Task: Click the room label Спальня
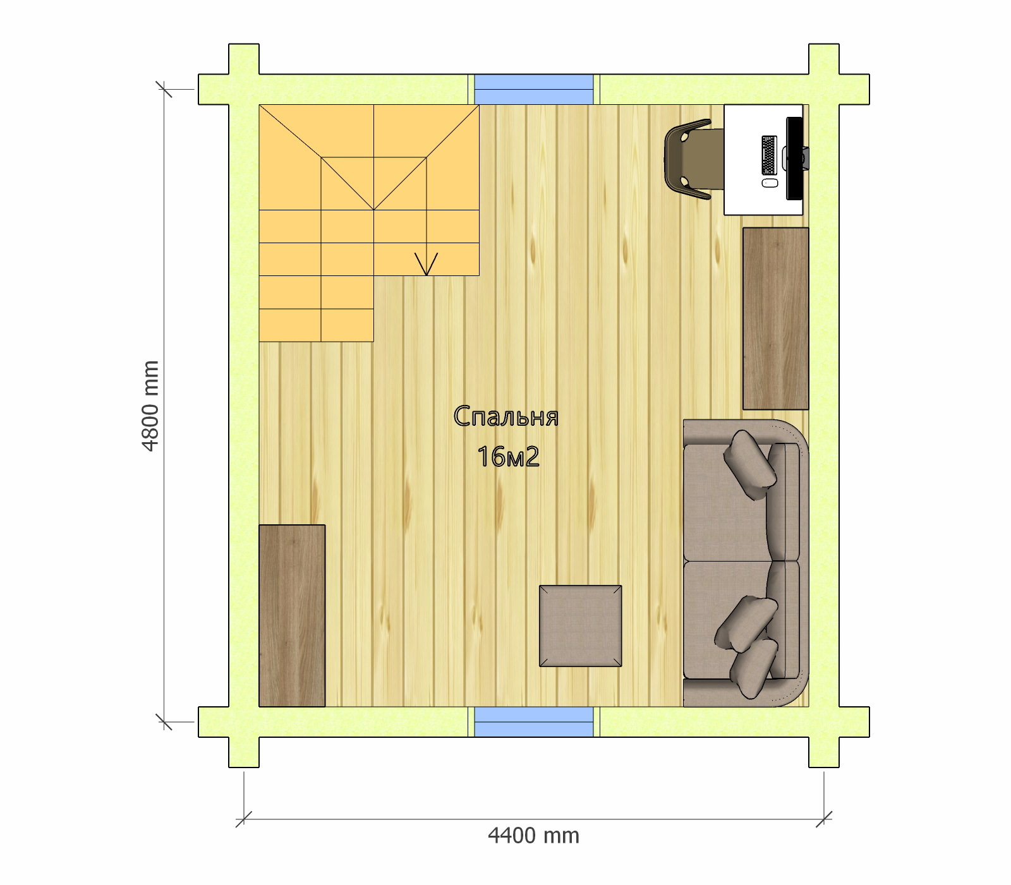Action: pos(506,417)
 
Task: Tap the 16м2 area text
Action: pos(508,457)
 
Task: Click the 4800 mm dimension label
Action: pos(150,406)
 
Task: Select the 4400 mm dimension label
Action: pos(533,836)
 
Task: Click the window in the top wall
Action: pos(534,89)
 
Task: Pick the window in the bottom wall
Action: pos(534,721)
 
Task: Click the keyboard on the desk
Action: pos(768,155)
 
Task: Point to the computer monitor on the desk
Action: pos(794,158)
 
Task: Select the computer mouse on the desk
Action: pos(768,183)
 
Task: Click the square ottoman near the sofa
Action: pos(580,625)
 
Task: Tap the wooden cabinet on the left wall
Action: pos(292,615)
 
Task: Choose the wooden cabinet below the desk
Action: pos(775,318)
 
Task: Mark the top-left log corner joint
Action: pos(244,90)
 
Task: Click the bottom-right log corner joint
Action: pos(825,721)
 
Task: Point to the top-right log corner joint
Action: pos(825,90)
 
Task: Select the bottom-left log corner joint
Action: pos(244,721)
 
